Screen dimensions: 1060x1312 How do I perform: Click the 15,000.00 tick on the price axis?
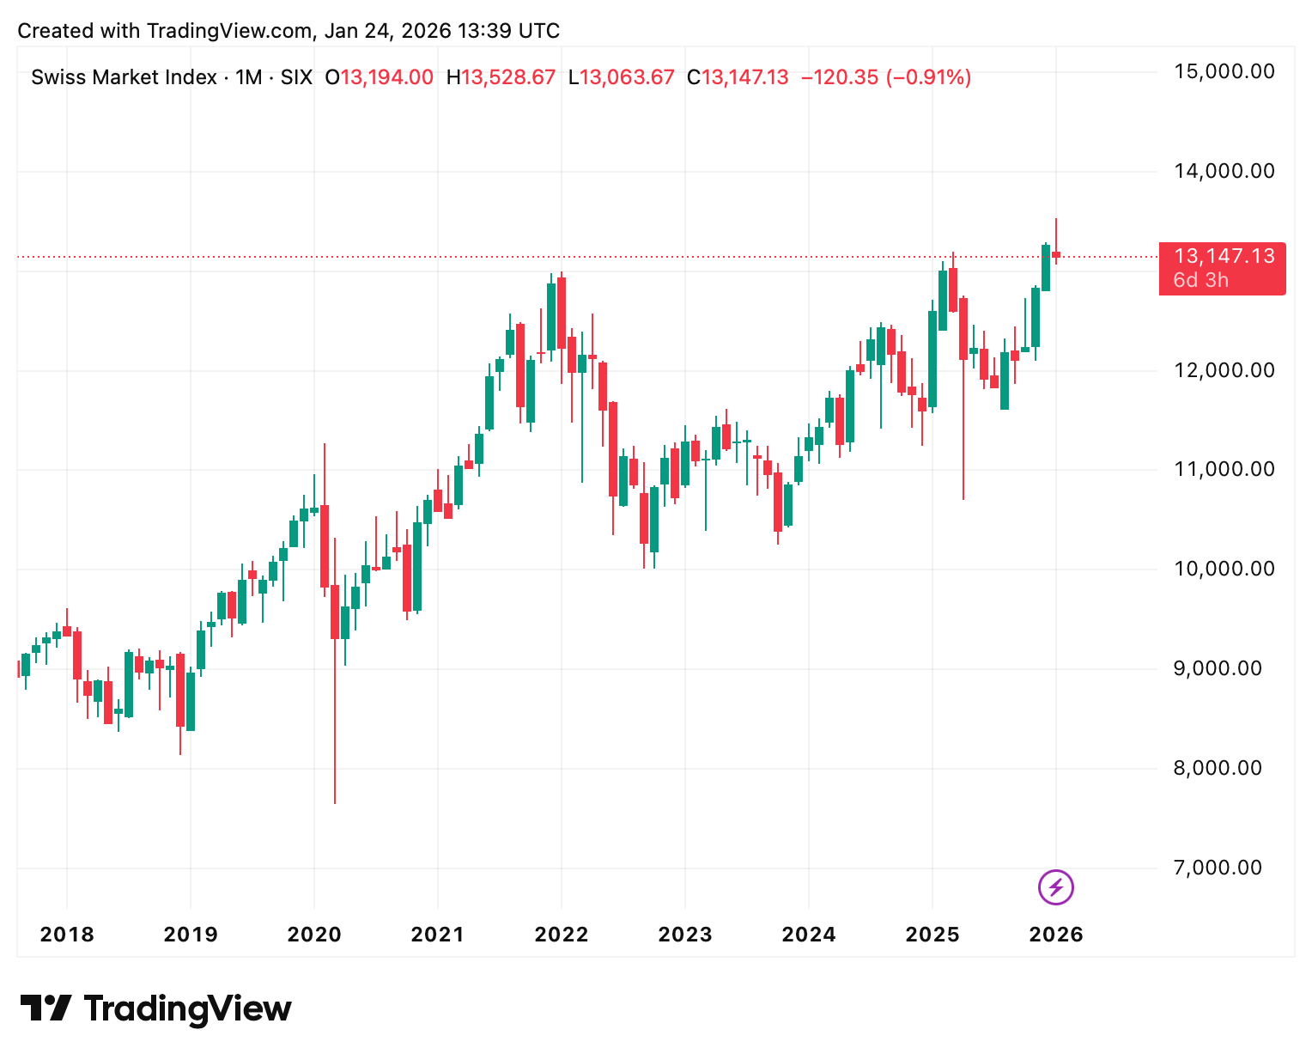[x=1224, y=71]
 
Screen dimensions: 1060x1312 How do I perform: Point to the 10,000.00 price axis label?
[x=1224, y=569]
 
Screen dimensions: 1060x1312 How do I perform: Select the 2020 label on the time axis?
[x=314, y=935]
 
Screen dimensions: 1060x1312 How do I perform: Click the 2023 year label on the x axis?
[x=685, y=935]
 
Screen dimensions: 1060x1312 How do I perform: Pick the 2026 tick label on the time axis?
[x=1056, y=935]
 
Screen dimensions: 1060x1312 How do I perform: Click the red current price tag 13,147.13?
[x=1224, y=256]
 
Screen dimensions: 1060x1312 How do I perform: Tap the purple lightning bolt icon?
[x=1056, y=887]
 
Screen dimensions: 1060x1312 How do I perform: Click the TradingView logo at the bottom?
[x=155, y=1008]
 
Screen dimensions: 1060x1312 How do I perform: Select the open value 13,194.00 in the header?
[x=387, y=77]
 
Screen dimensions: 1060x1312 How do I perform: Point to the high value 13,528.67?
[x=508, y=77]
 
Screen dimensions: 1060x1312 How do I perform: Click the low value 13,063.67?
[x=627, y=77]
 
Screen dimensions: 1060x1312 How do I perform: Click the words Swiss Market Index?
[x=124, y=77]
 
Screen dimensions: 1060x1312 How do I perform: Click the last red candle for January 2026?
[x=1056, y=254]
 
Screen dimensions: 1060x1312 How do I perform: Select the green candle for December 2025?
[x=1046, y=267]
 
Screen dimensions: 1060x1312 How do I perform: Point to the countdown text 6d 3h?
[x=1200, y=280]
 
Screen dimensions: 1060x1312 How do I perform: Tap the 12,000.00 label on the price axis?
[x=1224, y=370]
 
